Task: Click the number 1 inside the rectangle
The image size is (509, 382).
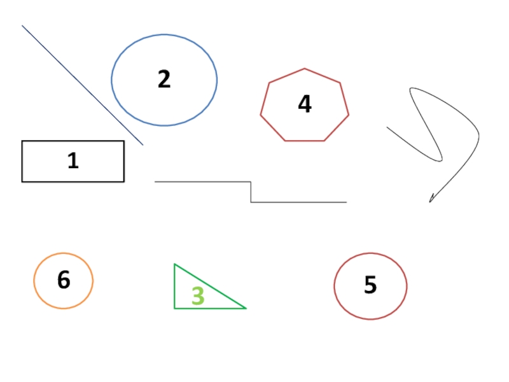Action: tap(73, 160)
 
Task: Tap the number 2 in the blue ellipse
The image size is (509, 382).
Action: tap(164, 80)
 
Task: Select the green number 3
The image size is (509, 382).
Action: tap(198, 296)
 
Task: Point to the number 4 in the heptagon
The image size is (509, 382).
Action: tap(305, 104)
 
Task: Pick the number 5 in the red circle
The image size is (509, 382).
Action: tap(370, 285)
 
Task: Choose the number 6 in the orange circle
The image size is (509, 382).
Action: tap(64, 280)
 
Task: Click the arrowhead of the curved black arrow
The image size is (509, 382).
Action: tap(431, 201)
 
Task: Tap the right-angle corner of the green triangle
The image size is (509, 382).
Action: tap(175, 308)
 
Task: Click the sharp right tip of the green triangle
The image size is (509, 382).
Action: tap(246, 308)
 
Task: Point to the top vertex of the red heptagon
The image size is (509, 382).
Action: tap(305, 69)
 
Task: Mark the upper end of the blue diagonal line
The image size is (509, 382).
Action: tap(22, 26)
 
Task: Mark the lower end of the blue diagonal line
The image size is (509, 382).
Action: tap(143, 145)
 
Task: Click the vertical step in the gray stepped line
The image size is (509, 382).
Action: tap(251, 192)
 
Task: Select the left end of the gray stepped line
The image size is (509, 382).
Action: tap(155, 182)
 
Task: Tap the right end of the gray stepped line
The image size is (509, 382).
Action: tap(346, 202)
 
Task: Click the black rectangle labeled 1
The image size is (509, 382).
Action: tap(38, 161)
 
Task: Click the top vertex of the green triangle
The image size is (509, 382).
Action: tap(174, 264)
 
